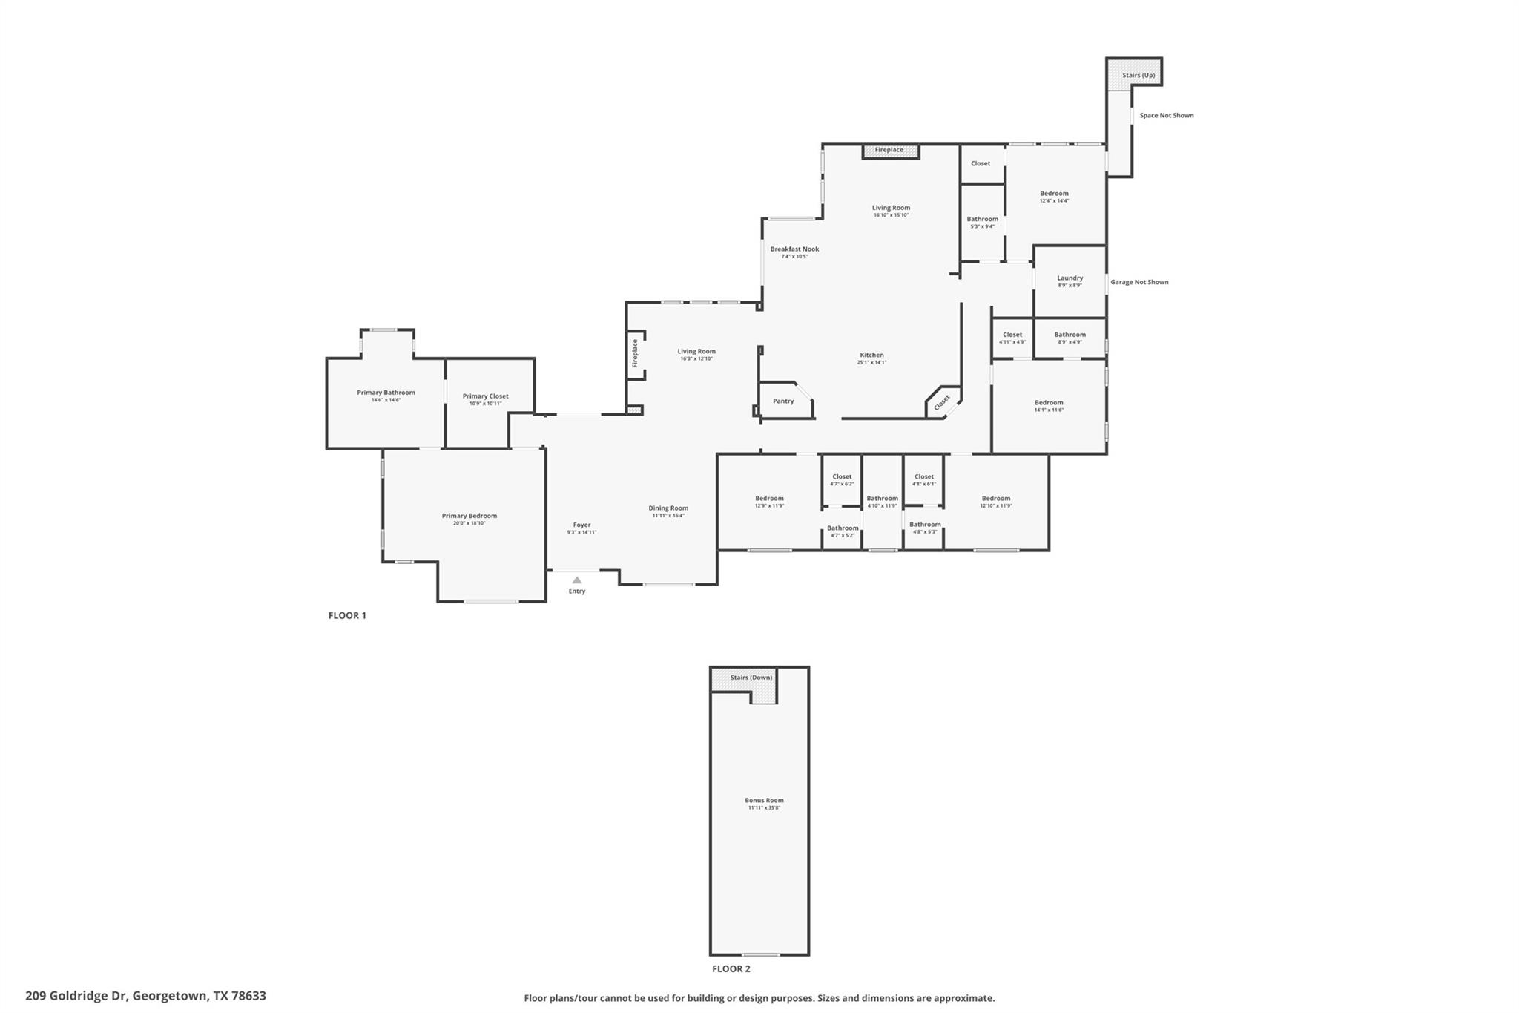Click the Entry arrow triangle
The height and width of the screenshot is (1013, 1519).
[577, 580]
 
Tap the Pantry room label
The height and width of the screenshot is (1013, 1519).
[783, 401]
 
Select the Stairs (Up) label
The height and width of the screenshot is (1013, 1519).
[1138, 76]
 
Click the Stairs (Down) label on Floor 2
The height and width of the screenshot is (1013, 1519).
[751, 678]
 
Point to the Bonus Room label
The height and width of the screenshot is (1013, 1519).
[764, 800]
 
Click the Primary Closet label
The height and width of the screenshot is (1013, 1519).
[485, 396]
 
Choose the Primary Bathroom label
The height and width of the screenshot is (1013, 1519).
[386, 393]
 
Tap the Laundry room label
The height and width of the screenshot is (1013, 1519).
[1070, 278]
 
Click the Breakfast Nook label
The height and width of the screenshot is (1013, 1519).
[794, 249]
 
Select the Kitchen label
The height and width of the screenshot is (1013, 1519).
[871, 355]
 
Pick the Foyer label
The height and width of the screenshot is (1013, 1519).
[581, 525]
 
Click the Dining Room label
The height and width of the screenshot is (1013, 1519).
[668, 508]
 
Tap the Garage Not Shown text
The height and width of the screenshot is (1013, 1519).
[1139, 282]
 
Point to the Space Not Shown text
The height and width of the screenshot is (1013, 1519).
[1166, 116]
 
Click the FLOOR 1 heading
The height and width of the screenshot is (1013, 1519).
[347, 615]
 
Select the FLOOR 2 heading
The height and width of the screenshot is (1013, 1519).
[731, 968]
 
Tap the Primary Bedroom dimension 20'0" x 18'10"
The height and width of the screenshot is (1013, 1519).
[469, 523]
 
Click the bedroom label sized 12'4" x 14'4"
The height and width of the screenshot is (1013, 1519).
[1054, 194]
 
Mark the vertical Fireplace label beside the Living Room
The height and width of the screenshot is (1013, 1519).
[635, 353]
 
